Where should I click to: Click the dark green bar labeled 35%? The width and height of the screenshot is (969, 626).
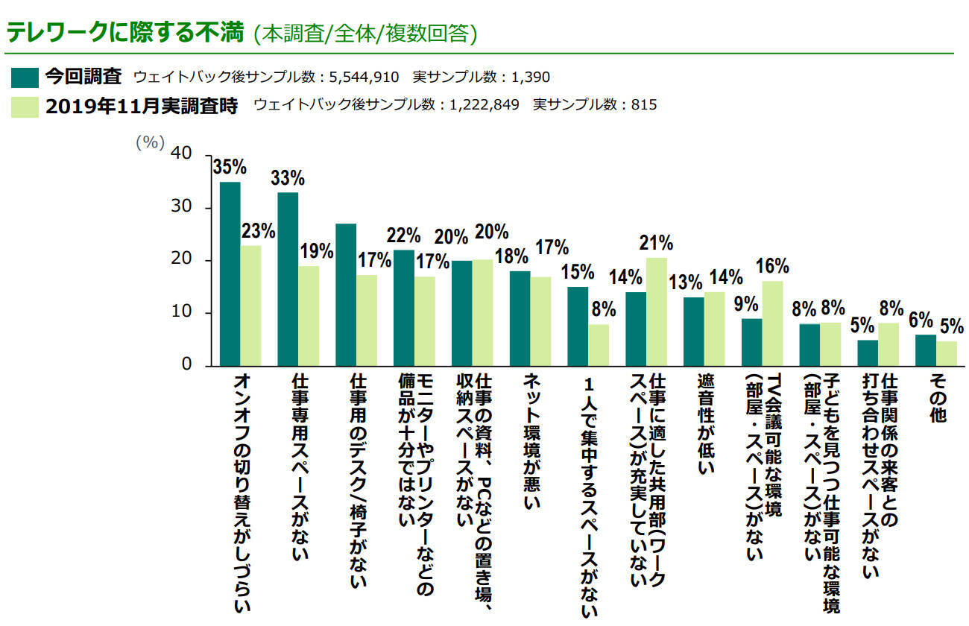click(x=230, y=274)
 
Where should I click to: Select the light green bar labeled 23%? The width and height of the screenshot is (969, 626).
click(x=250, y=306)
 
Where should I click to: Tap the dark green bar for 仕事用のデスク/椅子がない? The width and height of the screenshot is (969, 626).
click(x=346, y=294)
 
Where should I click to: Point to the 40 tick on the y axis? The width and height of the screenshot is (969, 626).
click(x=183, y=154)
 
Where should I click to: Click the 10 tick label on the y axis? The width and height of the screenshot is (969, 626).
click(x=183, y=313)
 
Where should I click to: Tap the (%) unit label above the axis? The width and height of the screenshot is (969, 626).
click(x=149, y=143)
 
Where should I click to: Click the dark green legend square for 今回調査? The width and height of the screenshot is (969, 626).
click(x=25, y=77)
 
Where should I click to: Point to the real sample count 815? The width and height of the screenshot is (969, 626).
click(x=643, y=105)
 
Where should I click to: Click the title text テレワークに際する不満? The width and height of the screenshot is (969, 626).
click(x=125, y=34)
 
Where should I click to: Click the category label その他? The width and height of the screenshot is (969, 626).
click(x=937, y=399)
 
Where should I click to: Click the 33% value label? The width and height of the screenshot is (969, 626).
click(x=287, y=178)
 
